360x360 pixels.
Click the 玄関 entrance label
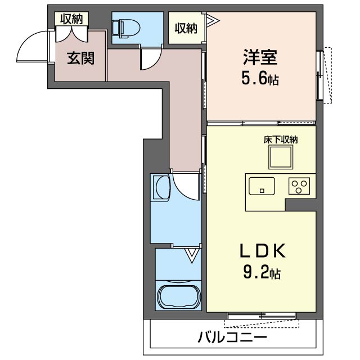tap(80, 58)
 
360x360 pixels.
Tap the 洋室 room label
tap(260, 57)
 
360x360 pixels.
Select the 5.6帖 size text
tap(260, 79)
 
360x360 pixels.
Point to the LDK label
tap(263, 250)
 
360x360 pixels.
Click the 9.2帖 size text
tap(262, 272)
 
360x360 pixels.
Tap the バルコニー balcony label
tap(232, 337)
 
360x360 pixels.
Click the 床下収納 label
tap(281, 139)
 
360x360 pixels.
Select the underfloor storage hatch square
tap(281, 157)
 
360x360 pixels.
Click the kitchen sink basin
tap(262, 186)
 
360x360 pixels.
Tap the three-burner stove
tap(299, 186)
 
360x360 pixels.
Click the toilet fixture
tap(126, 28)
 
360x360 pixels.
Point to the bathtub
tap(179, 297)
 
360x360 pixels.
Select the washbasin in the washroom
tap(161, 187)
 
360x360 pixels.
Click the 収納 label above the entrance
tap(71, 19)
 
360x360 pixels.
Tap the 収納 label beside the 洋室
tap(186, 28)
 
